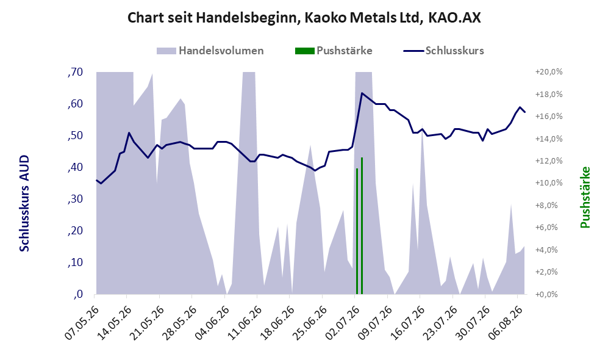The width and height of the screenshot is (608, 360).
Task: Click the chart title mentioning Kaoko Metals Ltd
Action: point(304,18)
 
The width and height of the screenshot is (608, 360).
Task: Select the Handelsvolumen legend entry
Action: point(210,51)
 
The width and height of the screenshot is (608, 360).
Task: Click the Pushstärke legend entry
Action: point(334,51)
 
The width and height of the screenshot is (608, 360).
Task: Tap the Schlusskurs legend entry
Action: point(443,51)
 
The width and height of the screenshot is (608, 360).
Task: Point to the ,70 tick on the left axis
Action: point(75,72)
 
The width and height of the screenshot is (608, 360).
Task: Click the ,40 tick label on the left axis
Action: point(75,167)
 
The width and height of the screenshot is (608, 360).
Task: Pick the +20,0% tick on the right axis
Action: point(549,72)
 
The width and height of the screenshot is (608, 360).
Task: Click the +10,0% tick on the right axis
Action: point(549,183)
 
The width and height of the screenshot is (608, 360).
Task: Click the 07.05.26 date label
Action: point(82,323)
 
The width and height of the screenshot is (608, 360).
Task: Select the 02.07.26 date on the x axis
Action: point(342,323)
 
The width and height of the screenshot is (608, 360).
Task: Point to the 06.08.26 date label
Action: point(504,323)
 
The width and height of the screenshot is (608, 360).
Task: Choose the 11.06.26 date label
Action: point(245,323)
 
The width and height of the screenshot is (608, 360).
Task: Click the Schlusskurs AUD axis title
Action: point(24,203)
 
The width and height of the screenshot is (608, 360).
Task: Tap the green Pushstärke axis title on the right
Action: point(585,198)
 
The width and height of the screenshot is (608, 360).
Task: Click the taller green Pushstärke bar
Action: point(362,226)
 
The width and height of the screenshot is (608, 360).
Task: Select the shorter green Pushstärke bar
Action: point(357,231)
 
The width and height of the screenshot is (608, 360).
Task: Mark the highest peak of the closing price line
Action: point(362,93)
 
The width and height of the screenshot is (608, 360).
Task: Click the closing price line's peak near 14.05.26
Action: point(129,132)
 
